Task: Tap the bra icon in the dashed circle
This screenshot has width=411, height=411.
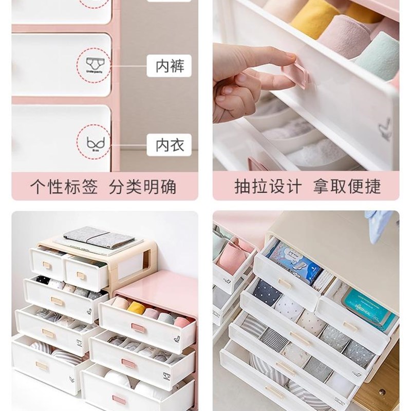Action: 94,141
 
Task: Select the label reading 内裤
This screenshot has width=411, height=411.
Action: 169,66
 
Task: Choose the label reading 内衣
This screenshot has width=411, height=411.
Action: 169,144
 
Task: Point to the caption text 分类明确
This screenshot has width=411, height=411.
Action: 142,186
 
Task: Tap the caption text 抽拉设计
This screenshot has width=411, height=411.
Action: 268,186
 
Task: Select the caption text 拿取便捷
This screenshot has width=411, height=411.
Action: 347,186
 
